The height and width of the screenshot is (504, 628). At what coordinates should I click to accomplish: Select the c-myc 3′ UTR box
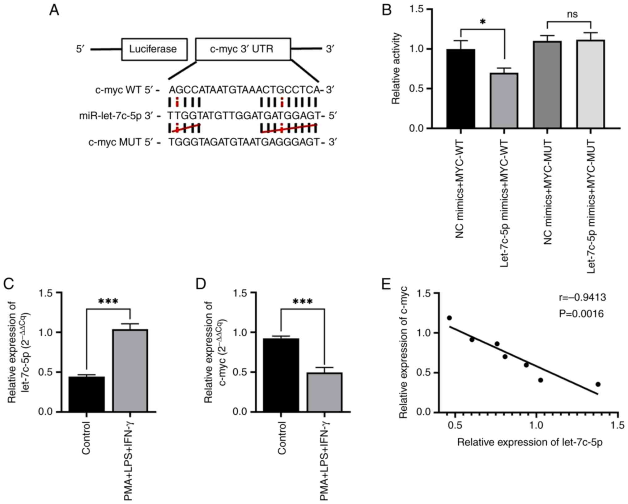click(243, 49)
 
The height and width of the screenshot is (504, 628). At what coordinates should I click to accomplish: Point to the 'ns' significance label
click(572, 15)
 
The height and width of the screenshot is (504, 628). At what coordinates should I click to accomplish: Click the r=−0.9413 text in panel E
click(582, 297)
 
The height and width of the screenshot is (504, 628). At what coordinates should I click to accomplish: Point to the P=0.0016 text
click(581, 314)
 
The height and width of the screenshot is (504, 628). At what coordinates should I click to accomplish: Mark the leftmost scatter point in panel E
click(449, 318)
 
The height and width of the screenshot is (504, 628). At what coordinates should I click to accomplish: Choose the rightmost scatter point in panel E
click(598, 384)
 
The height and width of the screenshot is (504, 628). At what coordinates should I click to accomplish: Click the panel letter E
click(386, 284)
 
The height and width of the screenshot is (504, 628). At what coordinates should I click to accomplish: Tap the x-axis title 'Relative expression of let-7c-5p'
click(530, 442)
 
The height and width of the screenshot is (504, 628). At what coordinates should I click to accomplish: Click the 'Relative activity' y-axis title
click(396, 69)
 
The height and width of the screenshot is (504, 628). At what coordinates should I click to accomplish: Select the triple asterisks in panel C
click(108, 301)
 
